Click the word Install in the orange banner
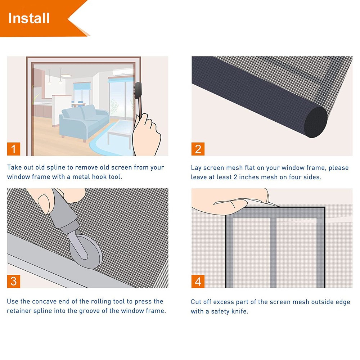coord(29,18)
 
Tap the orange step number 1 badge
coord(14,149)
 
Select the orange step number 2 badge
coord(198,149)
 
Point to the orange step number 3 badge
coord(14,281)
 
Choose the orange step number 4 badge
coord(198,281)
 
